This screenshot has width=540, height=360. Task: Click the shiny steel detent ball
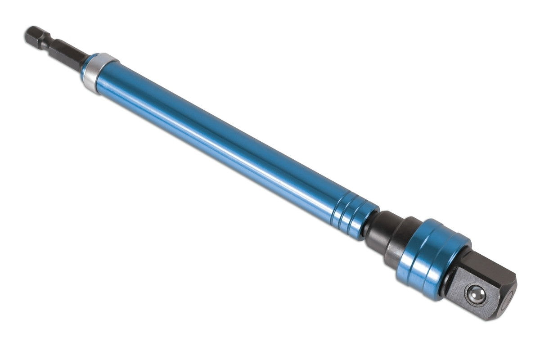(476, 295)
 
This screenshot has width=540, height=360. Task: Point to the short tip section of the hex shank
(34, 35)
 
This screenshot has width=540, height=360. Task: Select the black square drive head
(481, 288)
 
